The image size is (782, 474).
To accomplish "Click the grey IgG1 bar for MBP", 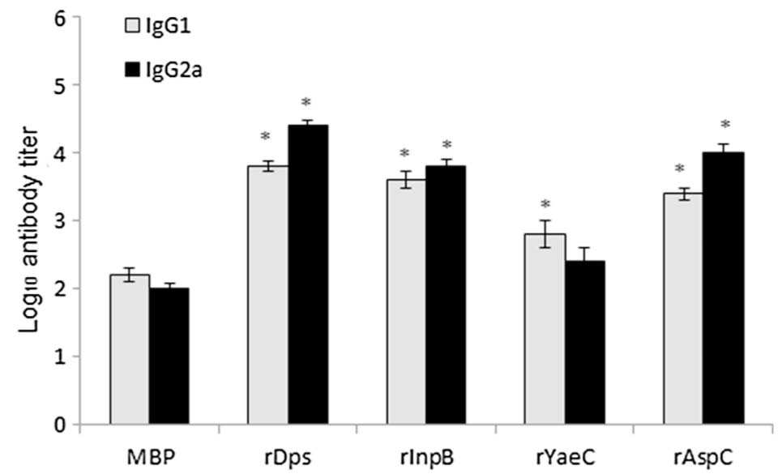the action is [x=130, y=349].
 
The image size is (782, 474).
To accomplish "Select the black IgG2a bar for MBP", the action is [x=169, y=357].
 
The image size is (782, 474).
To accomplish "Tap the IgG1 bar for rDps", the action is [x=268, y=295].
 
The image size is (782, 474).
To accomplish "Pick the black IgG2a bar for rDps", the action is [x=308, y=275].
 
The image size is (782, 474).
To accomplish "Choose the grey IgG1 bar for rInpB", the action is [x=407, y=302].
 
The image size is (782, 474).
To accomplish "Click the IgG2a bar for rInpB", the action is [x=447, y=295].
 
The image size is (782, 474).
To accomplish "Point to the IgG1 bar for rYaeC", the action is [x=545, y=329].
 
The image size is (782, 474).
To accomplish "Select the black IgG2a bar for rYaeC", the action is [x=585, y=343].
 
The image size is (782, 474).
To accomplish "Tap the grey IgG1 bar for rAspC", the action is [x=684, y=309].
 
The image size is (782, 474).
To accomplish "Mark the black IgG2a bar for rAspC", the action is [x=724, y=288].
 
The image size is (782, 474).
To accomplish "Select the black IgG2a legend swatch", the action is [x=131, y=70].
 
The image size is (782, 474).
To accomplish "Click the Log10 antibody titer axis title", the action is [x=31, y=230].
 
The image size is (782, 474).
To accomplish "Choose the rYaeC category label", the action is [x=565, y=457].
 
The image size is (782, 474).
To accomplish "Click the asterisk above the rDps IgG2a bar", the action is [x=306, y=102].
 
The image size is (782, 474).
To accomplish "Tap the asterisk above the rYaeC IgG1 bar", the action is [x=545, y=204].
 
